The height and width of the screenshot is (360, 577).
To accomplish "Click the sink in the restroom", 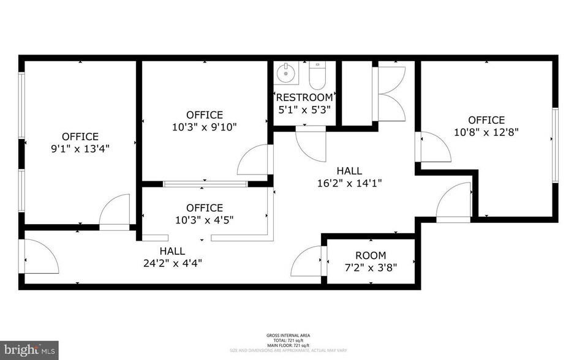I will [286, 73].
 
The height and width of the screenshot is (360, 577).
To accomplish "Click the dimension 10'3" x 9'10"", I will [205, 127].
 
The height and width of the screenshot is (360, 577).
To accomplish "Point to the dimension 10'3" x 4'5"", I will [205, 219].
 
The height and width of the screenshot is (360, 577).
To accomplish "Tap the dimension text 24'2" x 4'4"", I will [172, 263].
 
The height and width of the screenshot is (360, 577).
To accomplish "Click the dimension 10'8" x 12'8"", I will [487, 132].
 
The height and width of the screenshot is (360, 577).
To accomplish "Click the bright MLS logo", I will [29, 350].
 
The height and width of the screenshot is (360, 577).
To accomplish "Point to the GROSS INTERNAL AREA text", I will [288, 336].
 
